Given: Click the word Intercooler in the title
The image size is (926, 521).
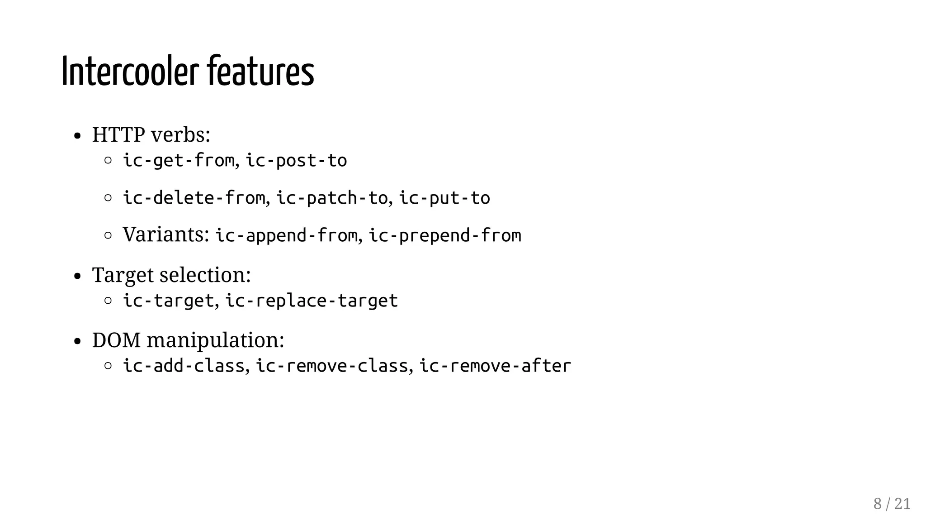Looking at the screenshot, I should pyautogui.click(x=130, y=72).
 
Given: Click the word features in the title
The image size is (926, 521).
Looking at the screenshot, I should pyautogui.click(x=260, y=72).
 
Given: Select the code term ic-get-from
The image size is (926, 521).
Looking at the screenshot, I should pyautogui.click(x=179, y=161).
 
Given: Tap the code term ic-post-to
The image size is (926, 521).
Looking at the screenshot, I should pyautogui.click(x=296, y=161).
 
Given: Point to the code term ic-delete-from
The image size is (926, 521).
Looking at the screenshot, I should pyautogui.click(x=194, y=198).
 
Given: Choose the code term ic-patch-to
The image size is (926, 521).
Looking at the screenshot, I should pyautogui.click(x=332, y=198).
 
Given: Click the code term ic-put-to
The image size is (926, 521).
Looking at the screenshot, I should pyautogui.click(x=444, y=198).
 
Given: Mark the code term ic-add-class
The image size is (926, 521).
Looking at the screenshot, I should pyautogui.click(x=184, y=366).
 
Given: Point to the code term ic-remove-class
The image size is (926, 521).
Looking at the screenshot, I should pyautogui.click(x=332, y=366).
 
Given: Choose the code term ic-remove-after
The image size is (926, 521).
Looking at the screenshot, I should pyautogui.click(x=495, y=366).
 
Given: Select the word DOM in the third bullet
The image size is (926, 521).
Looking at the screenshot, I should pyautogui.click(x=116, y=340).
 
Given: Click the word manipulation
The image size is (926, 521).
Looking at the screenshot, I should pyautogui.click(x=215, y=340).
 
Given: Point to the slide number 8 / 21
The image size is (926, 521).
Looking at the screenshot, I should pyautogui.click(x=892, y=504).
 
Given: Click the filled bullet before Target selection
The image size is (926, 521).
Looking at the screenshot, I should pyautogui.click(x=77, y=276).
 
